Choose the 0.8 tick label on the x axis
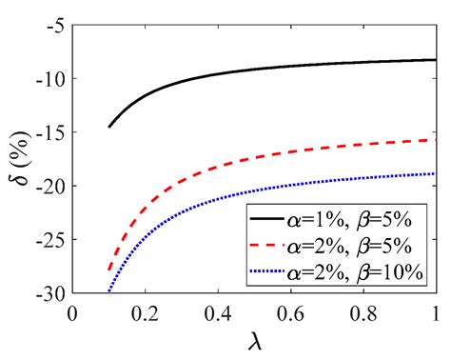click(363, 310)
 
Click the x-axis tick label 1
click(435, 310)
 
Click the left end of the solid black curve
click(109, 127)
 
